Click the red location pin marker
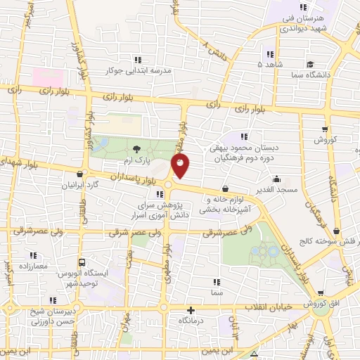pyautogui.click(x=181, y=166)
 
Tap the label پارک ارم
pyautogui.click(x=136, y=162)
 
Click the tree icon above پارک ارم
pyautogui.click(x=136, y=149)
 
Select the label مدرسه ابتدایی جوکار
pyautogui.click(x=138, y=71)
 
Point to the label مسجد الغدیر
pyautogui.click(x=277, y=190)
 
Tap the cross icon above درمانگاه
pyautogui.click(x=191, y=309)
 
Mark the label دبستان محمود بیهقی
pyautogui.click(x=246, y=148)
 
